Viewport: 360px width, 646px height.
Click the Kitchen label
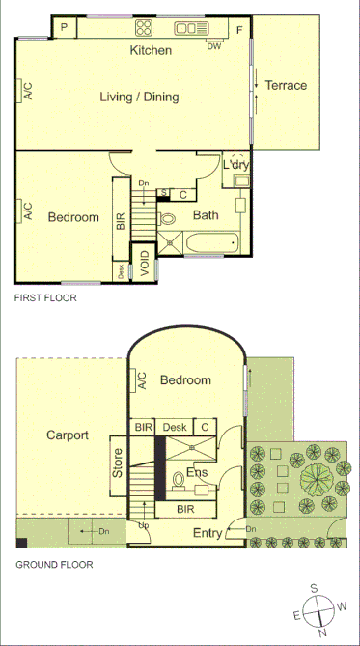pyautogui.click(x=152, y=50)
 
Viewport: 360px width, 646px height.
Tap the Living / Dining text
pyautogui.click(x=140, y=97)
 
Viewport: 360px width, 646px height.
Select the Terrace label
pyautogui.click(x=287, y=85)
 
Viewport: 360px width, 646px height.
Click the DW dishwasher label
pyautogui.click(x=213, y=45)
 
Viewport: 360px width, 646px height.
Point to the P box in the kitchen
pyautogui.click(x=64, y=27)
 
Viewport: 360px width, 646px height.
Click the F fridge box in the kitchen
pyautogui.click(x=239, y=28)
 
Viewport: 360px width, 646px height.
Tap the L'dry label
pyautogui.click(x=236, y=164)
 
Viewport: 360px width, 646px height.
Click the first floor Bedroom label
pyautogui.click(x=74, y=217)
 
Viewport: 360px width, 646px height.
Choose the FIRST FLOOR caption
pyautogui.click(x=45, y=298)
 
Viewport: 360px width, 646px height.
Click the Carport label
pyautogui.click(x=68, y=435)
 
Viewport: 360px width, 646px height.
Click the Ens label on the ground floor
pyautogui.click(x=197, y=473)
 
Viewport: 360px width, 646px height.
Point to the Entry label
pyautogui.click(x=208, y=533)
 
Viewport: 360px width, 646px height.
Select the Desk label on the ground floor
pyautogui.click(x=175, y=427)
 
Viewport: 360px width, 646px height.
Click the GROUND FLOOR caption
pyautogui.click(x=54, y=565)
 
